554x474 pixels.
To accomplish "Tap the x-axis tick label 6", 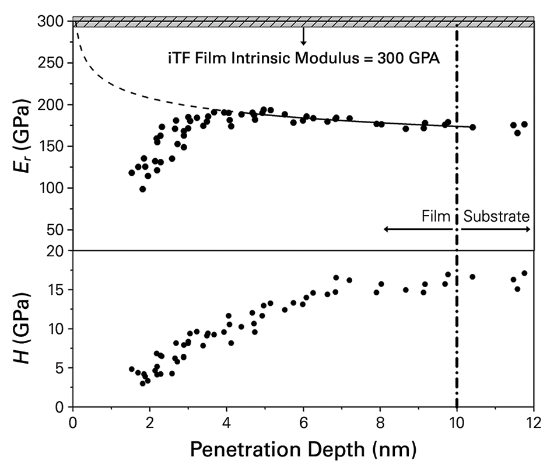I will (303, 422).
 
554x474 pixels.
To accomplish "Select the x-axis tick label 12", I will (533, 422).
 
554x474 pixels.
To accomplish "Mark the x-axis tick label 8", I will (380, 422).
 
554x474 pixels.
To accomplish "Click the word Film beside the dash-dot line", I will (436, 217).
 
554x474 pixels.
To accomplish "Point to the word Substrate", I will (496, 217).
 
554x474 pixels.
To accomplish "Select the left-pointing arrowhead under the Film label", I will (387, 229).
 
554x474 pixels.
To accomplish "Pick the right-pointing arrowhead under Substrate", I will (528, 229).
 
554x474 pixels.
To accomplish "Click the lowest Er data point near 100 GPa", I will (142, 189).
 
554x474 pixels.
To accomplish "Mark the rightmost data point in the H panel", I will (524, 273).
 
